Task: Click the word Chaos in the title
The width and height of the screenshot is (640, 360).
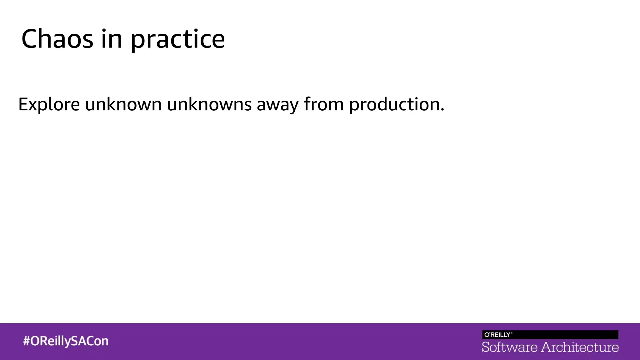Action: point(57,39)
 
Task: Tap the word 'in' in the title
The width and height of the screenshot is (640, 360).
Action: point(112,39)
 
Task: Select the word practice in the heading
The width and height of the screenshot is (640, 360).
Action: point(177,40)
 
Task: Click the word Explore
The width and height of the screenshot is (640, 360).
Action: point(49,104)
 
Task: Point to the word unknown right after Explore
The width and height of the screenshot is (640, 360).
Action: point(123,104)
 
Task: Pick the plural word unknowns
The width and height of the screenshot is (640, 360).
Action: point(209,104)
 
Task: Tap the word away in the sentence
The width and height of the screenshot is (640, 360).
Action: point(277,105)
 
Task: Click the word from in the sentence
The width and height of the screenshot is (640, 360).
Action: point(324,104)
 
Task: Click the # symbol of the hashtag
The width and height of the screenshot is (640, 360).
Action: point(27,341)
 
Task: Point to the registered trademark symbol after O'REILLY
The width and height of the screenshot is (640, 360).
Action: point(512,333)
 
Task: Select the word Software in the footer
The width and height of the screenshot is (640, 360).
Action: point(509,347)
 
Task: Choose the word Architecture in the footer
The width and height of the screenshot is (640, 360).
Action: point(580,347)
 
